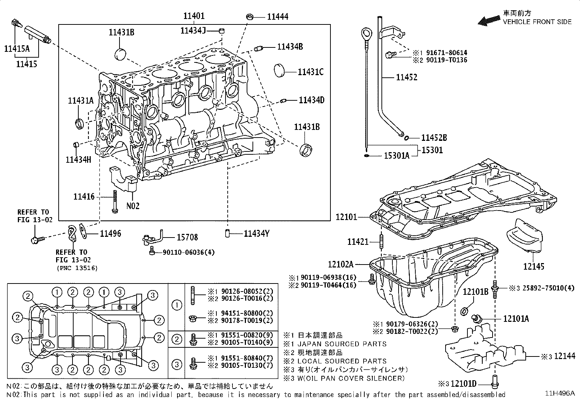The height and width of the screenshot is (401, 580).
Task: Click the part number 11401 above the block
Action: [194, 16]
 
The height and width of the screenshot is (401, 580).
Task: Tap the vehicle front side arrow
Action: [489, 20]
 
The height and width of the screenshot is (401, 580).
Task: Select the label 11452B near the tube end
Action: [434, 138]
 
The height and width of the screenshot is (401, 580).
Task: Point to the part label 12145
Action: [534, 267]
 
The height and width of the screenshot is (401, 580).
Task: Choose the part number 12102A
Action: [341, 264]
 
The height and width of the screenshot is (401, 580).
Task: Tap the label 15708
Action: [187, 238]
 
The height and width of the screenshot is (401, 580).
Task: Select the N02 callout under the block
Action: [133, 206]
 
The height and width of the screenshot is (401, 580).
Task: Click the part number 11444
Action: [278, 16]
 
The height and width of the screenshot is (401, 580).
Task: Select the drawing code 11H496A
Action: [560, 393]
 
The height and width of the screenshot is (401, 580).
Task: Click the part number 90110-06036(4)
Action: [183, 252]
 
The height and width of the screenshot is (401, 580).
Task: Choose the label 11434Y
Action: [256, 234]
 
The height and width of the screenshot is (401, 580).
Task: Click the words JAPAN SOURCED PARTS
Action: [342, 344]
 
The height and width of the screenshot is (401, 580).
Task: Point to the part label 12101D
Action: [463, 384]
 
